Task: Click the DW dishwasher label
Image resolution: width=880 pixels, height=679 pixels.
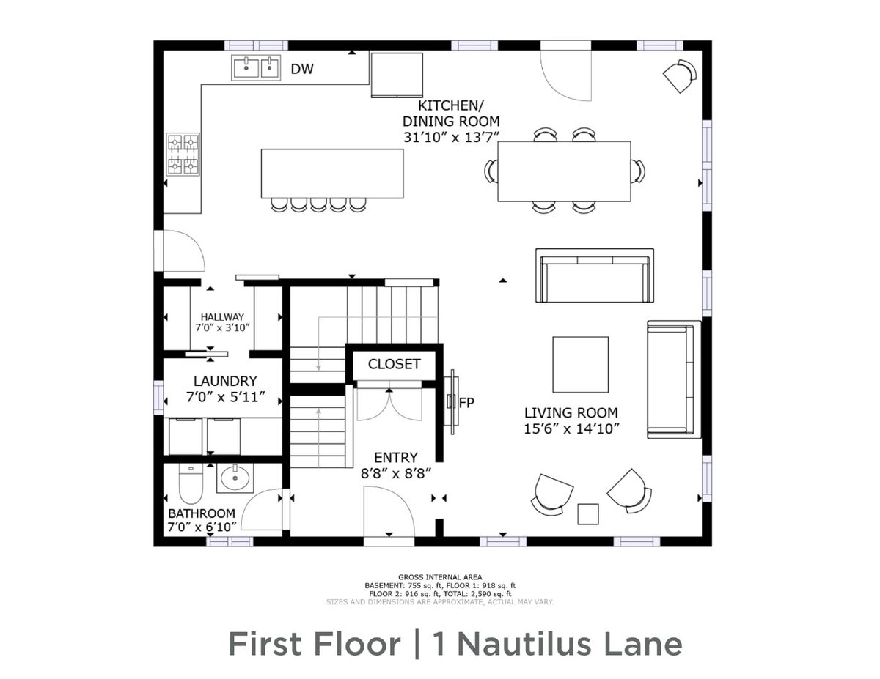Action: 302,69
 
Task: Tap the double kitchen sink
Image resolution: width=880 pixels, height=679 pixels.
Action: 256,68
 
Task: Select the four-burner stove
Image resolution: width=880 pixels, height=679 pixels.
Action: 183,154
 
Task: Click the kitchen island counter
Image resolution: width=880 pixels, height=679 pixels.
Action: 332,174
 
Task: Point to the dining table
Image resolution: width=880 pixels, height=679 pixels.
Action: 564,171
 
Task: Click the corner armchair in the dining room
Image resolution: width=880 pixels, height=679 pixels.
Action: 681,75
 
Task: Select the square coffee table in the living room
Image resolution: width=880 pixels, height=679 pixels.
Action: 580,364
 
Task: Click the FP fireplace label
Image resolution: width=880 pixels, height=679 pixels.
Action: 466,403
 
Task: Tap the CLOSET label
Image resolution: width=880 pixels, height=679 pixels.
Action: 394,364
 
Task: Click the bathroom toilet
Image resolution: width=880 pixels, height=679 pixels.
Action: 191,483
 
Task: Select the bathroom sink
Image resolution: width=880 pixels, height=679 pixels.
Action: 235,478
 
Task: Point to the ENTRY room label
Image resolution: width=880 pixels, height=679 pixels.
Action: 396,457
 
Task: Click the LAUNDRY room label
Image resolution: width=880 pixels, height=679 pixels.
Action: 225,381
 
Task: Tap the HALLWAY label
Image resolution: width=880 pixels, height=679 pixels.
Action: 222,317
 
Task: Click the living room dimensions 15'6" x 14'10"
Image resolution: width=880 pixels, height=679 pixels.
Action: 571,428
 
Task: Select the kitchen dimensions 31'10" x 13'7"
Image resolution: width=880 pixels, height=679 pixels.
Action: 451,137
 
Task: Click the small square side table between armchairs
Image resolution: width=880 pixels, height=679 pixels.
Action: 587,514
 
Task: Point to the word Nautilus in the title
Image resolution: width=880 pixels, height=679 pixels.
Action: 524,645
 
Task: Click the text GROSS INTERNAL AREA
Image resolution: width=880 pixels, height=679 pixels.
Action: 440,577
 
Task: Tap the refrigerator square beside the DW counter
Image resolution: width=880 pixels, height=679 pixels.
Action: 397,75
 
